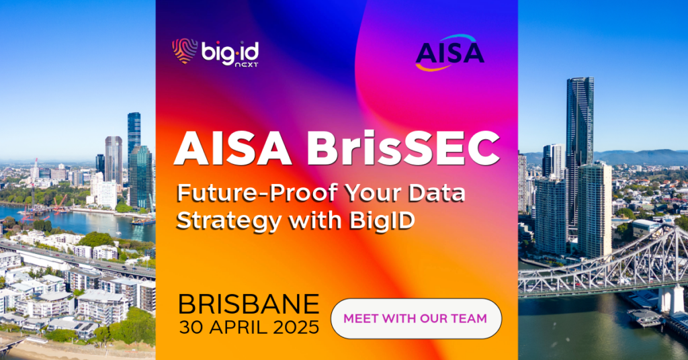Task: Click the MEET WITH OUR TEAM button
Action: tap(416, 318)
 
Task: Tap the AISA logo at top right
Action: tap(449, 52)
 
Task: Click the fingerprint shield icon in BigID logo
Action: tap(185, 51)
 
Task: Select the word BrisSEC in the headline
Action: tap(403, 148)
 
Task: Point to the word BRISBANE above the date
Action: tap(249, 304)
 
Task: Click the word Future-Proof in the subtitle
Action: tap(256, 194)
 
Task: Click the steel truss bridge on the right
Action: tap(605, 267)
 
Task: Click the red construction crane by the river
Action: tap(60, 203)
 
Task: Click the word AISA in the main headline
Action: tap(233, 148)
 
